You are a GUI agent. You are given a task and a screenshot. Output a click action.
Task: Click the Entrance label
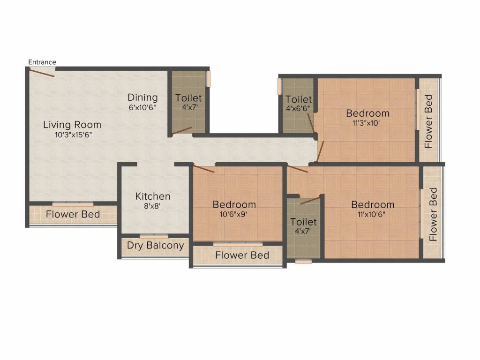click(42, 62)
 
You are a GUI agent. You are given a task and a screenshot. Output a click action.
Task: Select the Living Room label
click(72, 125)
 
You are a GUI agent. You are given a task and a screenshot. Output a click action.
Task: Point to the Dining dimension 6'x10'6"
click(142, 107)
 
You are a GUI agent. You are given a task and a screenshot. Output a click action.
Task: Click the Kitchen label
click(153, 196)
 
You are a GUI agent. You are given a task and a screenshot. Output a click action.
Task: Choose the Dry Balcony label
click(155, 246)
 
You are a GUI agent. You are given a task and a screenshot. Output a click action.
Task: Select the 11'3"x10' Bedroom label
click(367, 113)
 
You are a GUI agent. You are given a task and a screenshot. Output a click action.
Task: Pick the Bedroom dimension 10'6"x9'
click(234, 214)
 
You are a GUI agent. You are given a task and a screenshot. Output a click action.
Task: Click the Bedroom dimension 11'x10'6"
click(373, 214)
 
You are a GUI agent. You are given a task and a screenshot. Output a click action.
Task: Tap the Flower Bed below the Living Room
click(73, 214)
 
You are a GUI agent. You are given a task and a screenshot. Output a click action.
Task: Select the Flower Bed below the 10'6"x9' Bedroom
click(242, 255)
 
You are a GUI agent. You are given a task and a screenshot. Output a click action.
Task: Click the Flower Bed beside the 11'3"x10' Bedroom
click(428, 121)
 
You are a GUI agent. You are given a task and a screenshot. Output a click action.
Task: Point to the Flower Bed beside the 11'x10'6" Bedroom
click(433, 214)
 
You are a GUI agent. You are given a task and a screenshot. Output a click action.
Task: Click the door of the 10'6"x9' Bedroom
click(204, 169)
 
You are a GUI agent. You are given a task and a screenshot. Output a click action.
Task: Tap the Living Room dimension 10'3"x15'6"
click(72, 135)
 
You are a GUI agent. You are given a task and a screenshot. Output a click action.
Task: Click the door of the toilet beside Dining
click(181, 131)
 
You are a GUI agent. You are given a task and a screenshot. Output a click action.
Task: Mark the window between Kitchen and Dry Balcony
click(154, 236)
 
